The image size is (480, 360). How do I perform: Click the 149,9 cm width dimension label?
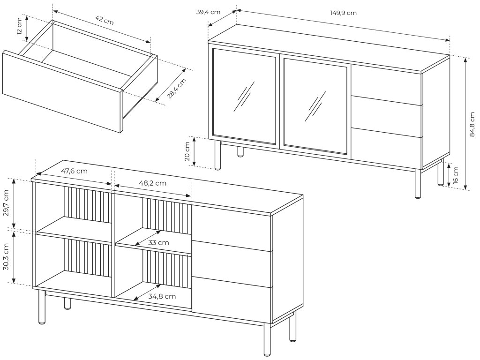click(x=343, y=13)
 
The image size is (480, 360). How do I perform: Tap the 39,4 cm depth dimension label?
click(x=208, y=12)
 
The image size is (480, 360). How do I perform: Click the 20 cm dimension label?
click(x=187, y=151)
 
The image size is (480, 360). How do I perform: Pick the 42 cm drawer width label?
click(x=104, y=20)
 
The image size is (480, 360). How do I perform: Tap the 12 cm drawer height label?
click(x=19, y=28)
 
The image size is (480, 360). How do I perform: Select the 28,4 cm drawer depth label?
click(x=177, y=89)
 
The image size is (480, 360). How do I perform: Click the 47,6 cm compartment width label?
click(x=74, y=171)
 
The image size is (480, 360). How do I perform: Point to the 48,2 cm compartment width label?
click(x=153, y=183)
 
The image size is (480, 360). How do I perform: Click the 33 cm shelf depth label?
click(x=158, y=242)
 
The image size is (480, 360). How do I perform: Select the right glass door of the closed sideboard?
click(x=316, y=107)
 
